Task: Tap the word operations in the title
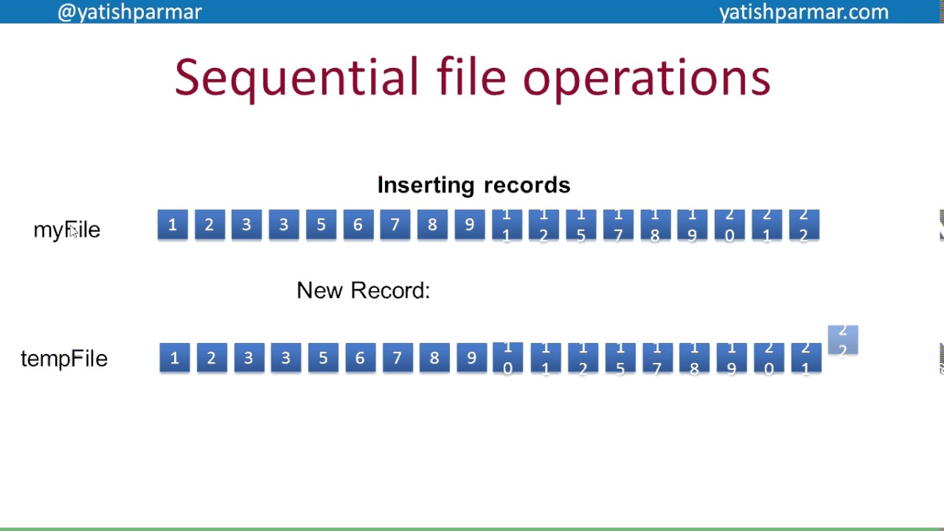click(x=646, y=77)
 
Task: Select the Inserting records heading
click(x=473, y=184)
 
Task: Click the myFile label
click(x=66, y=229)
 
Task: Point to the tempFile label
click(x=64, y=358)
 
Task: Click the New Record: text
click(x=363, y=291)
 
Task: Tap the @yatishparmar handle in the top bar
click(x=130, y=12)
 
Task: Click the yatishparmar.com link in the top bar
click(x=803, y=12)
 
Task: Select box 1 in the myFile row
click(x=173, y=225)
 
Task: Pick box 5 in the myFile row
click(x=321, y=225)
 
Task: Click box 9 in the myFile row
click(x=469, y=225)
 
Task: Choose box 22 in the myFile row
click(x=804, y=225)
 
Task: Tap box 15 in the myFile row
click(x=581, y=225)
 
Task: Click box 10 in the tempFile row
click(x=507, y=358)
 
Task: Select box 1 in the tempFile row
click(x=174, y=358)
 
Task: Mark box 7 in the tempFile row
click(x=397, y=358)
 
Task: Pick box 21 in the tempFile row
click(x=805, y=358)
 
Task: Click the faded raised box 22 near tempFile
click(x=843, y=340)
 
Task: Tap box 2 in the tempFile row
click(x=211, y=358)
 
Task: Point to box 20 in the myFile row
click(x=729, y=225)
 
